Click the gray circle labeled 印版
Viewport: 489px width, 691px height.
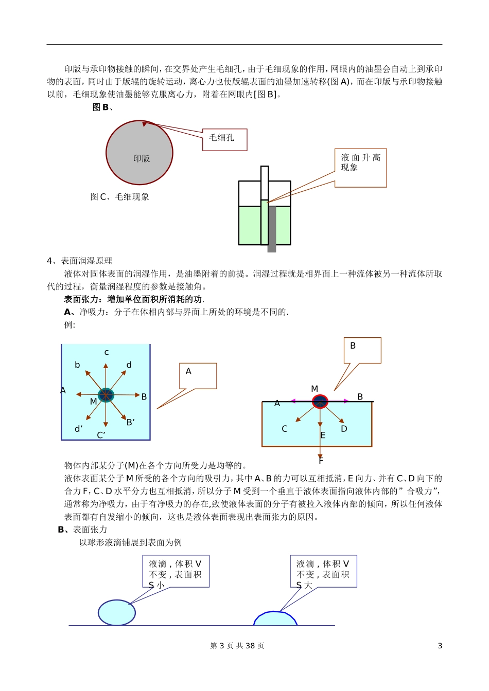coord(139,153)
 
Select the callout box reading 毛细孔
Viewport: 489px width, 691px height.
coord(224,139)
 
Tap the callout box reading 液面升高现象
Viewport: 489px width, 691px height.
coord(360,168)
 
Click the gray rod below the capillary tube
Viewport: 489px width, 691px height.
coord(272,229)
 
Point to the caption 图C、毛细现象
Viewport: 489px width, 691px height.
coord(119,197)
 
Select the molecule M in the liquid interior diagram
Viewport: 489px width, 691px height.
coord(106,395)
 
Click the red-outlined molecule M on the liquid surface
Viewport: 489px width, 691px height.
coord(320,402)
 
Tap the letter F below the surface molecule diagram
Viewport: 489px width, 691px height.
coord(321,461)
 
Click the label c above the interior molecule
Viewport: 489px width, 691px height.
coord(107,353)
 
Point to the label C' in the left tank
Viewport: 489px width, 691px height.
coord(101,435)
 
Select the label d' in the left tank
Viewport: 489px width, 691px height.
coord(79,429)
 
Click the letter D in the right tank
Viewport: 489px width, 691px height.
coord(344,429)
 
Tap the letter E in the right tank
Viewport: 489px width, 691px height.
coord(323,435)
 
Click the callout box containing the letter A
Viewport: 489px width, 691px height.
coord(198,376)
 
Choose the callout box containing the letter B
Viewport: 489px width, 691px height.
coord(362,350)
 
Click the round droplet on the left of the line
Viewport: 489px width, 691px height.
coord(117,612)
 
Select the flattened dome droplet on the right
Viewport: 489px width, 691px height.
coord(275,619)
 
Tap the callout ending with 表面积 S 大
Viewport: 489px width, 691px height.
coord(323,571)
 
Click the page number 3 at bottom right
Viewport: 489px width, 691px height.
coord(440,646)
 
